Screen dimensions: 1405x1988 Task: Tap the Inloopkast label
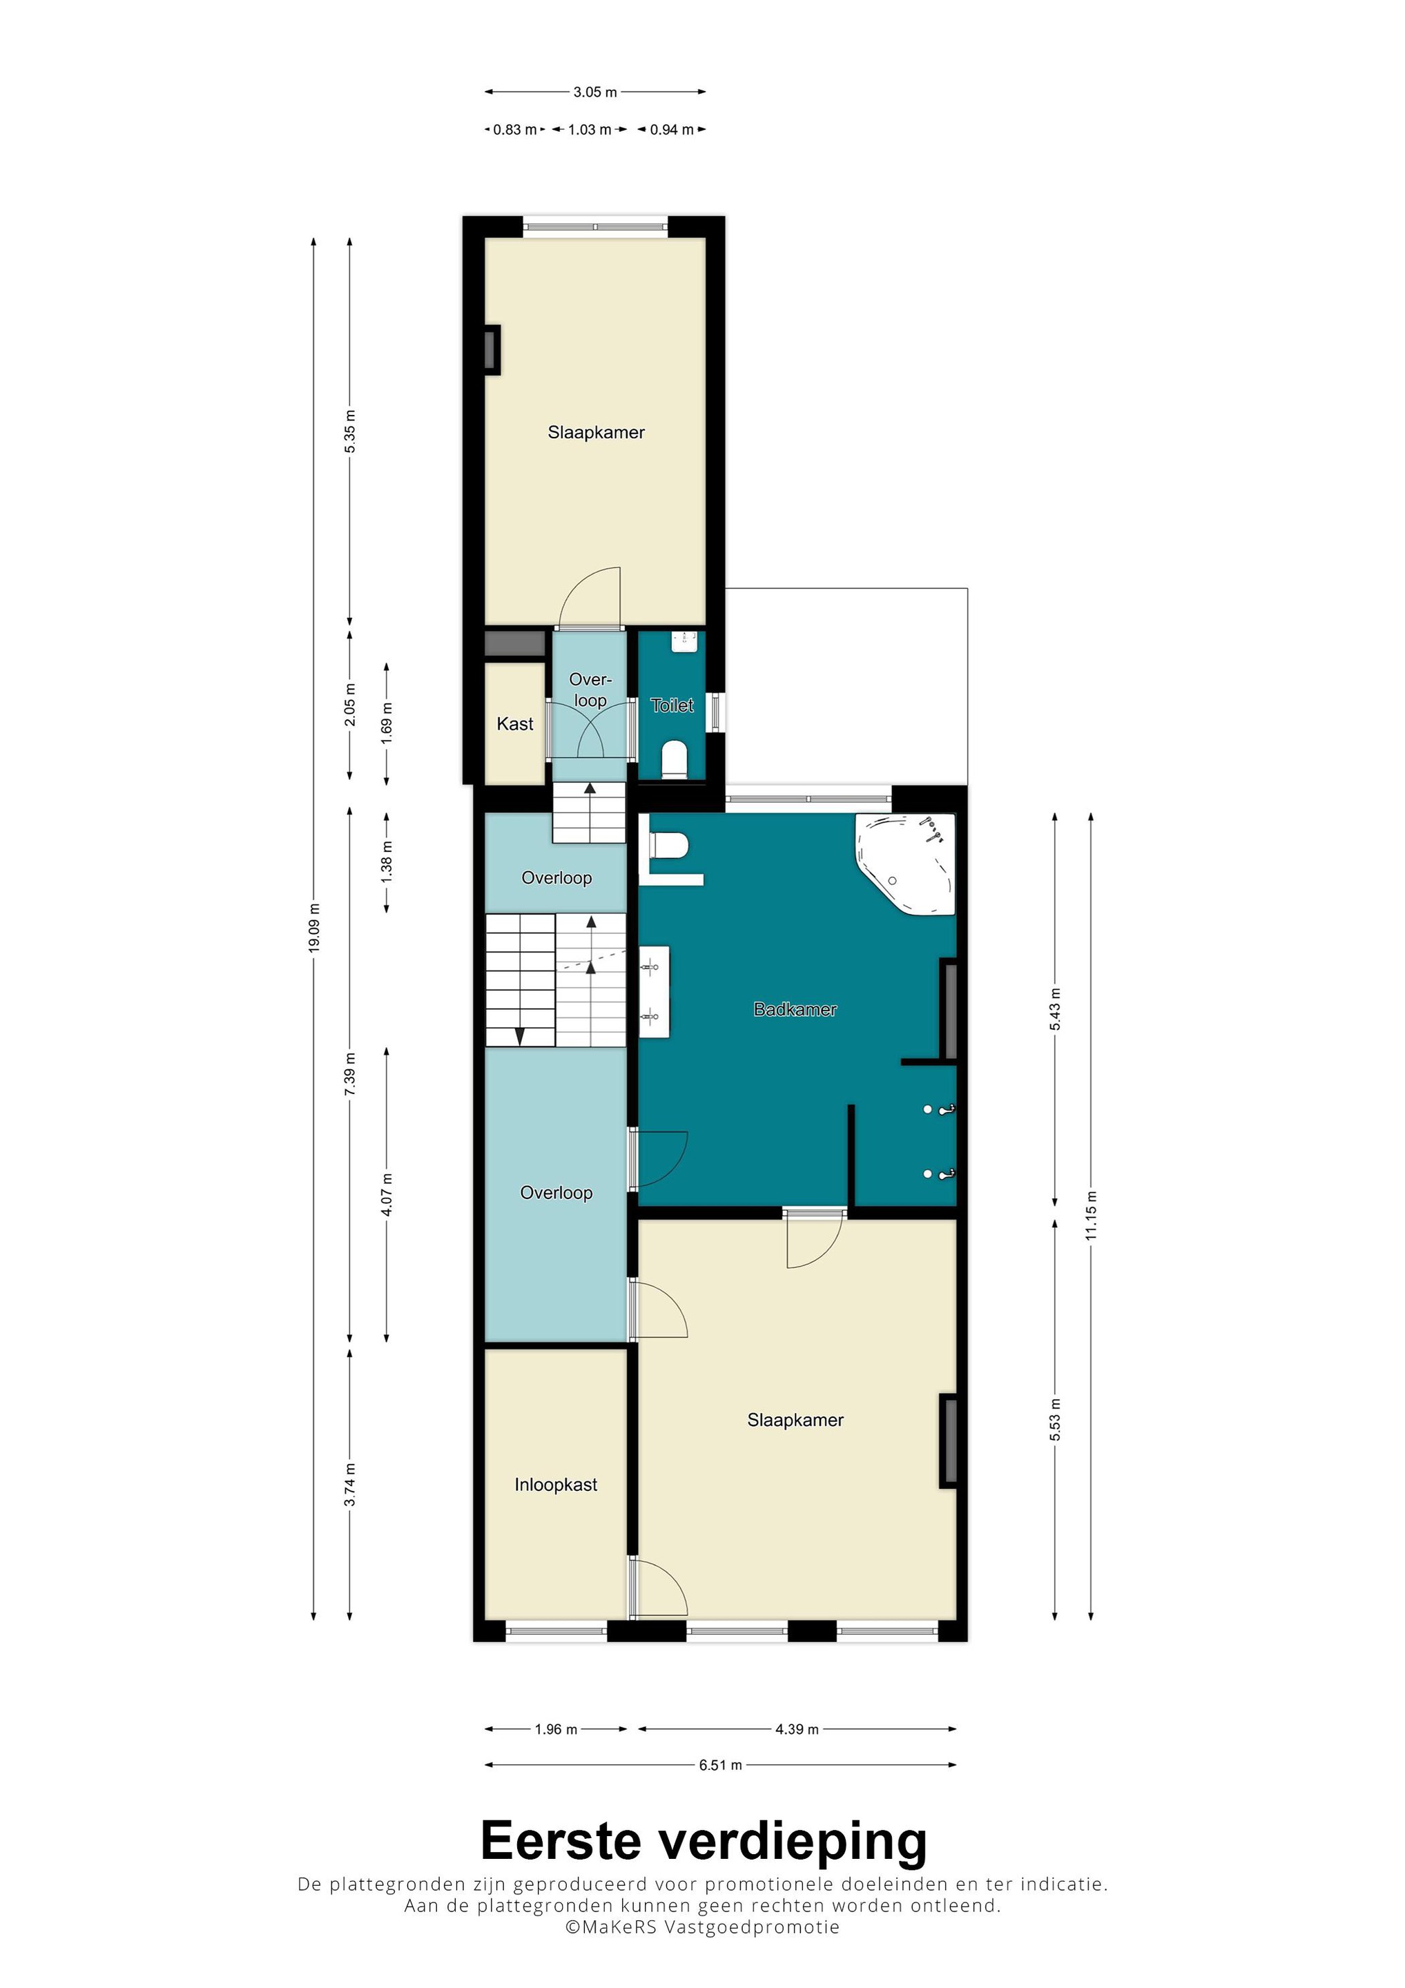[555, 1484]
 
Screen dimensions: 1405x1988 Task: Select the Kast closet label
[514, 724]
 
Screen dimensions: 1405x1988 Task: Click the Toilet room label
[672, 705]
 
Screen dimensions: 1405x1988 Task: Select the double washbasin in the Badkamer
[654, 991]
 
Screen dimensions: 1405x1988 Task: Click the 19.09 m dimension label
[314, 928]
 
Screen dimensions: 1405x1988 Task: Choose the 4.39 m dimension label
[797, 1729]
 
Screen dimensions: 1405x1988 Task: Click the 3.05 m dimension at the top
[595, 92]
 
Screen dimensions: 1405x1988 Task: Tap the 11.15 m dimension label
[1092, 1216]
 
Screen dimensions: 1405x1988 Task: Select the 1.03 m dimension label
[589, 130]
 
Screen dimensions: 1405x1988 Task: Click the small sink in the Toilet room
[685, 641]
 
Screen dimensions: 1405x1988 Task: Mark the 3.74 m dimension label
[350, 1485]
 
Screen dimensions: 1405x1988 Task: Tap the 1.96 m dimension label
[555, 1729]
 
